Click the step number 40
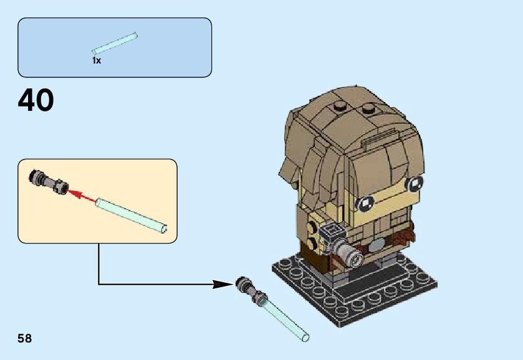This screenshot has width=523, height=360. (x=36, y=101)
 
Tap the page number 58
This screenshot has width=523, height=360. (x=25, y=339)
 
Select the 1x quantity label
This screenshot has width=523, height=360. (x=97, y=61)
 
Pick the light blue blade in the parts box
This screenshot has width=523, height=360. (x=115, y=42)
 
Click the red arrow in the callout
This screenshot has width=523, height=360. (x=81, y=196)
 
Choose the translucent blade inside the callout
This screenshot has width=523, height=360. (x=131, y=214)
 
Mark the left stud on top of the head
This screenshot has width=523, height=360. (x=340, y=105)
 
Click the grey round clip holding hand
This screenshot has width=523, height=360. (x=350, y=252)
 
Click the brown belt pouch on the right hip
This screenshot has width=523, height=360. (x=406, y=235)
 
